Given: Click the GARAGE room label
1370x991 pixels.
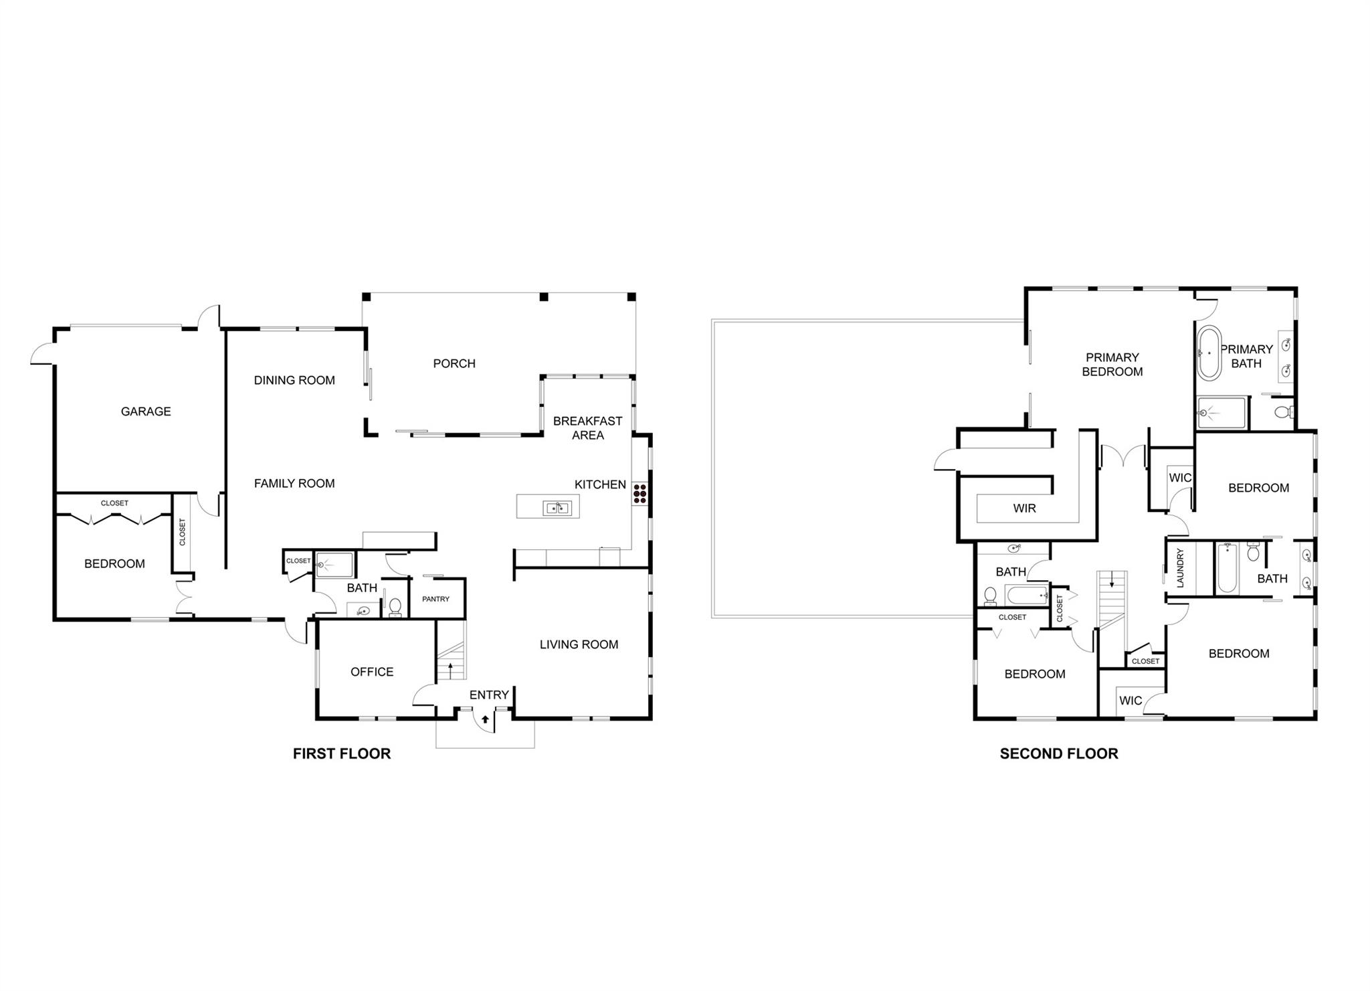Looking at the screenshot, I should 146,412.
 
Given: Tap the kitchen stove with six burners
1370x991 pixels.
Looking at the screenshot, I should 640,493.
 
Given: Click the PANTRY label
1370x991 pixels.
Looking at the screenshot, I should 435,599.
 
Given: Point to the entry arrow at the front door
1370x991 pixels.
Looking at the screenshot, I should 485,720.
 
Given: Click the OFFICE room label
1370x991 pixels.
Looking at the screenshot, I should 372,672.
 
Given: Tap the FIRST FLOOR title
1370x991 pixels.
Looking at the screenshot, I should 341,753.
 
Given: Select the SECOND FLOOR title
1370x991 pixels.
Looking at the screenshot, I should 1058,753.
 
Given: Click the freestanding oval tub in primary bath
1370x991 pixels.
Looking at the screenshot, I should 1208,353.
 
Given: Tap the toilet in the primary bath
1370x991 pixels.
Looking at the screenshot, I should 1283,412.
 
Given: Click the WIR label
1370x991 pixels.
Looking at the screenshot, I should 1024,509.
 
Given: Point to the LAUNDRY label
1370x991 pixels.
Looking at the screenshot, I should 1180,568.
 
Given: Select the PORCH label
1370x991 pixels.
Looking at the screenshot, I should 454,363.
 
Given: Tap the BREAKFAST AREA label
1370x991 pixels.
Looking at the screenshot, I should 587,428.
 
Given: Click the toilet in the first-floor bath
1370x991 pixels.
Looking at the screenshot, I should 395,607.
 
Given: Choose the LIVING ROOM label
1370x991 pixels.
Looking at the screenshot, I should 579,644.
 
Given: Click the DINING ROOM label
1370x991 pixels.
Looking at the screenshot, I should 294,380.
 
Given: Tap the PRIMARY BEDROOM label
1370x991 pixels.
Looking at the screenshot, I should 1112,365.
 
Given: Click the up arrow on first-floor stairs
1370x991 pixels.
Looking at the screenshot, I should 451,667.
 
